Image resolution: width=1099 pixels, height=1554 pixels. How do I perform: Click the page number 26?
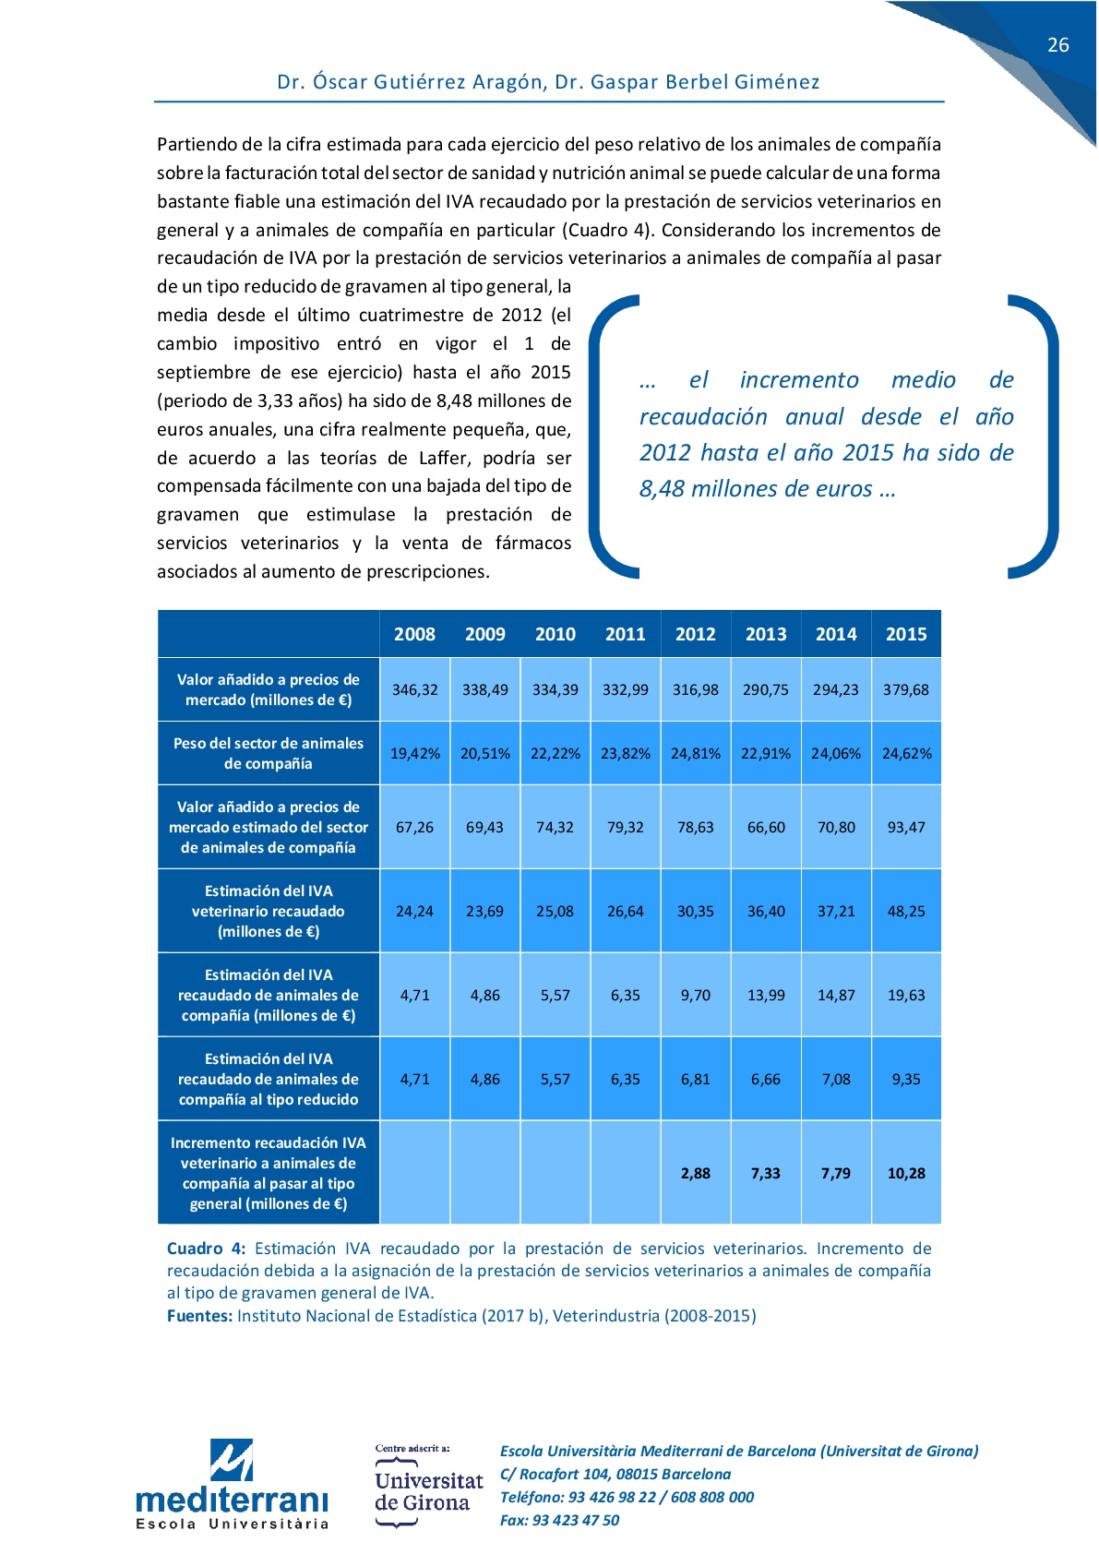click(x=1057, y=45)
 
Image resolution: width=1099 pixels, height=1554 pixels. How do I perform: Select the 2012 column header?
click(x=695, y=634)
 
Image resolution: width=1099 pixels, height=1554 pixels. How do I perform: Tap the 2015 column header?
click(x=905, y=634)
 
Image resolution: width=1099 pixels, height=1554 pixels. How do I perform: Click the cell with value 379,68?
click(x=905, y=689)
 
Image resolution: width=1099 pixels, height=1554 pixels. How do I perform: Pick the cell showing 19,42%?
click(x=414, y=753)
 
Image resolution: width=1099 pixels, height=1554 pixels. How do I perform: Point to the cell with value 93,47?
click(x=905, y=827)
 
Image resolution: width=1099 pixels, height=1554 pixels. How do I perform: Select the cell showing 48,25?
click(x=905, y=911)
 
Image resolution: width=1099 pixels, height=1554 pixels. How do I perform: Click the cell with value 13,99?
click(x=765, y=995)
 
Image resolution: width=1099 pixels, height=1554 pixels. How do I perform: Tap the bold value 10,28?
click(x=905, y=1173)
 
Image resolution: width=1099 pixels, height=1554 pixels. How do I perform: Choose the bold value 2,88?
click(x=695, y=1173)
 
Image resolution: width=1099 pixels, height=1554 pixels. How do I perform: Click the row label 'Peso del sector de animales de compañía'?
click(x=268, y=753)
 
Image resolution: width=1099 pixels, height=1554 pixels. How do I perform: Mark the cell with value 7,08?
click(x=835, y=1079)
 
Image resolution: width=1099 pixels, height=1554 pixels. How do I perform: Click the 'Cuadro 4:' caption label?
click(x=206, y=1249)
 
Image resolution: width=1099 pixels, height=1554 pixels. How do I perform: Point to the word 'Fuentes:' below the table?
click(x=199, y=1316)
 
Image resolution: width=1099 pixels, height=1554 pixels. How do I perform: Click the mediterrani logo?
click(x=232, y=1484)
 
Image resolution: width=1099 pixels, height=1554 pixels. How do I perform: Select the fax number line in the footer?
click(x=559, y=1520)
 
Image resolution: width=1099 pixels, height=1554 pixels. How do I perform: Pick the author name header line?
click(x=548, y=82)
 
